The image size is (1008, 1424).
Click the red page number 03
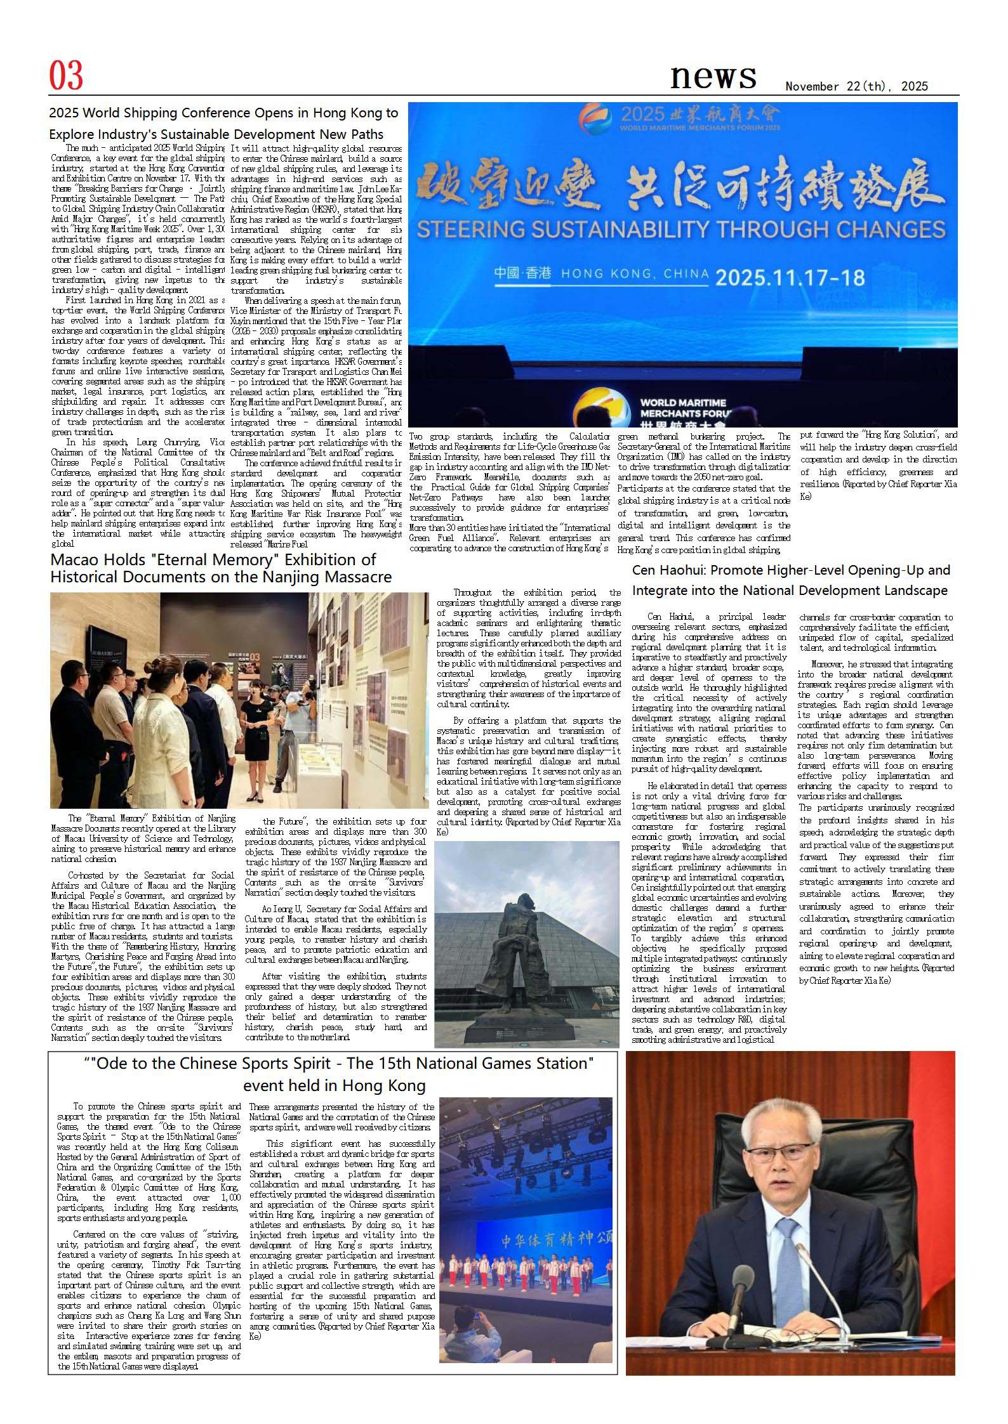click(x=66, y=77)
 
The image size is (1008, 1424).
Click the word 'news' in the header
click(x=713, y=77)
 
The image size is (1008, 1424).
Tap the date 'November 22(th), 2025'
click(x=856, y=87)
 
